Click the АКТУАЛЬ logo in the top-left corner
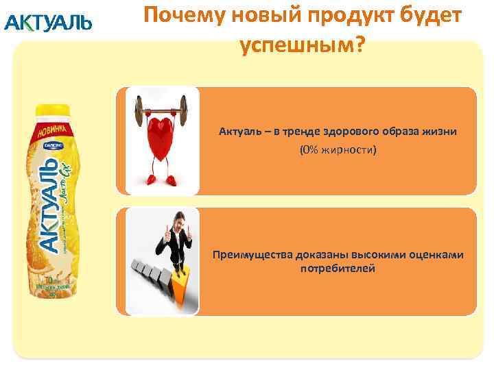(47, 23)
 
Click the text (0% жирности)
(338, 149)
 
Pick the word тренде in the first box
(298, 131)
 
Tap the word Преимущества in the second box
(252, 254)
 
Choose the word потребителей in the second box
(338, 268)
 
